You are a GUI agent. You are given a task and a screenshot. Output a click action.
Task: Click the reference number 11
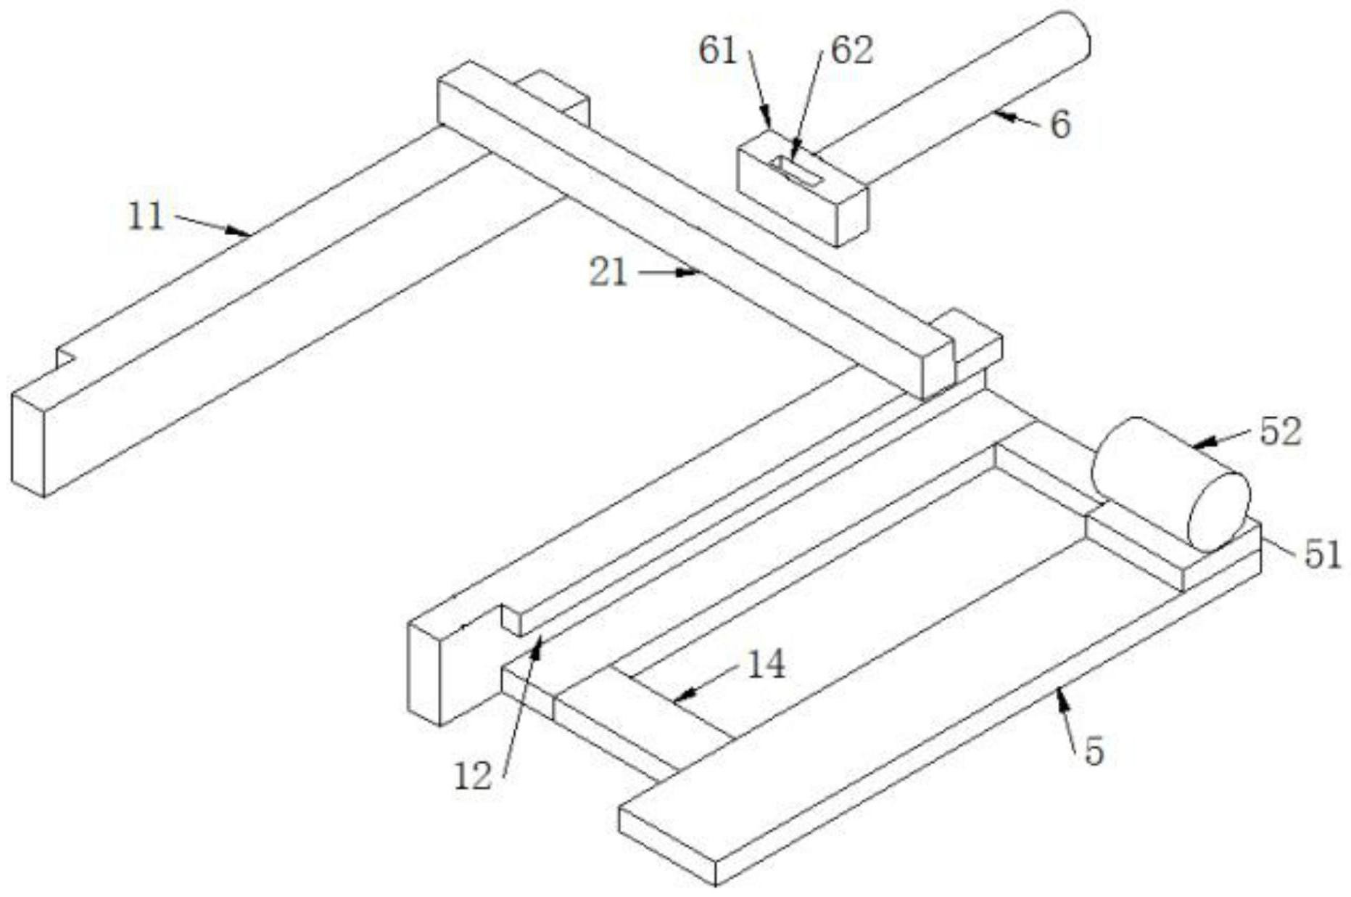146,216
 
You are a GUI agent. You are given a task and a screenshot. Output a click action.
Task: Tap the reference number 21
608,273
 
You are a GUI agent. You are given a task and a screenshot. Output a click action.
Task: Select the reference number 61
717,51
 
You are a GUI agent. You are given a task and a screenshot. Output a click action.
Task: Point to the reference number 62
851,51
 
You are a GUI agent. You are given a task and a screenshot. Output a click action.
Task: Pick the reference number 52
1281,432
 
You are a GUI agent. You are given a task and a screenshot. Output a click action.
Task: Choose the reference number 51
1323,556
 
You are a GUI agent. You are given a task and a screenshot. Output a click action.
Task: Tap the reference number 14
766,664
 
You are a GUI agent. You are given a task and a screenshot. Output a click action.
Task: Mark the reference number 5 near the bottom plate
1094,751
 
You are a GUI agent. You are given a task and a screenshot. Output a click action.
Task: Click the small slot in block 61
796,170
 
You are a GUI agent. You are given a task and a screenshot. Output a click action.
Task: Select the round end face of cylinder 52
1220,511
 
